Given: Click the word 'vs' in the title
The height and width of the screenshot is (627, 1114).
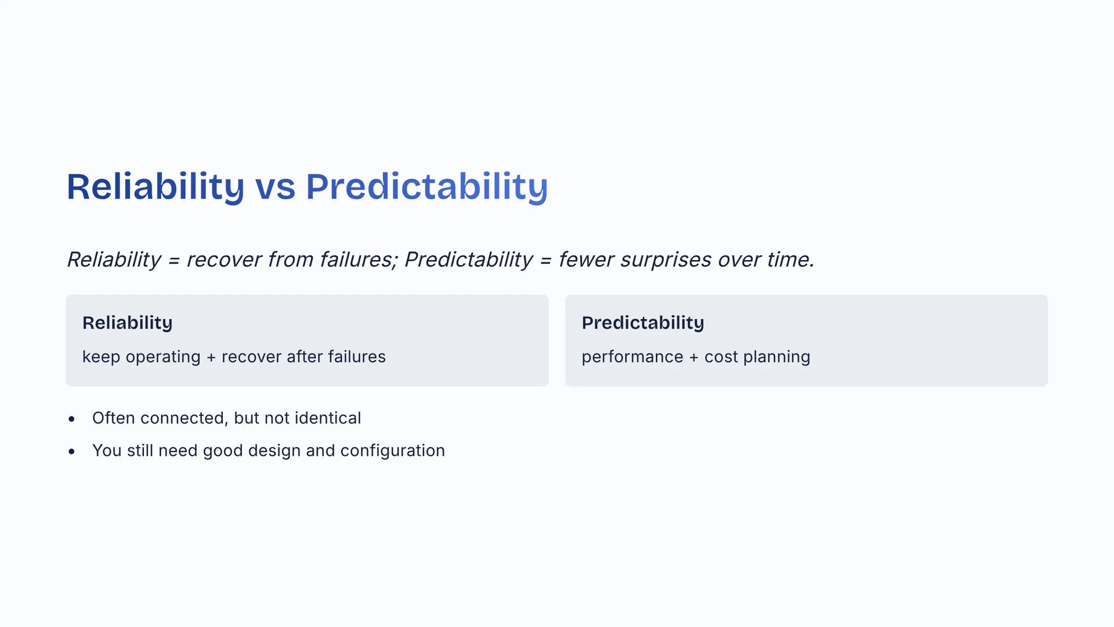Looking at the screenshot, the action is coord(275,188).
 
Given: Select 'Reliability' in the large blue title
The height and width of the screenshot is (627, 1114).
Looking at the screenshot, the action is coord(155,188).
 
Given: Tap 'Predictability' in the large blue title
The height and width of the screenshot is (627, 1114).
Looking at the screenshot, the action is coord(426,188).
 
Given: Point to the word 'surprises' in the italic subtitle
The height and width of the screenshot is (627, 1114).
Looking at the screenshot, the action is coord(665,260).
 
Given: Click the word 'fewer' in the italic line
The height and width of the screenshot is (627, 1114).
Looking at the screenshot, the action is coord(586,260).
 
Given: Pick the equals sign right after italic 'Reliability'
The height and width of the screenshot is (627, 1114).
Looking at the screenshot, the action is coord(173,261).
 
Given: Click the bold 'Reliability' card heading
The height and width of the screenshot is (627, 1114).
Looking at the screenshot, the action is coord(128,323).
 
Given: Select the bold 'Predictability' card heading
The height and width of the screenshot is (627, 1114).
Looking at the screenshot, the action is coord(643,323).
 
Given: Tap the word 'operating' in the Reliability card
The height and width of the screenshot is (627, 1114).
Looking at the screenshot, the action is coord(163,357).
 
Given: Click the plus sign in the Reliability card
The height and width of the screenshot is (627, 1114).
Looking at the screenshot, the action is coord(211,358).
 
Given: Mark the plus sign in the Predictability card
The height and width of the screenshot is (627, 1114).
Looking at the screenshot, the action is coord(694,358).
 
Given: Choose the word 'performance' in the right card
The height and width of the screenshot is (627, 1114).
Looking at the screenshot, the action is coord(632,357).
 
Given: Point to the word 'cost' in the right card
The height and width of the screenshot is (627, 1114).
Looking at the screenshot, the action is coord(721,357).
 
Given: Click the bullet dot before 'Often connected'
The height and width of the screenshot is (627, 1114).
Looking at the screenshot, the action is coord(71,419).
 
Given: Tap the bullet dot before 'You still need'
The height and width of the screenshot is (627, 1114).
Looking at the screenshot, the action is coord(71,451).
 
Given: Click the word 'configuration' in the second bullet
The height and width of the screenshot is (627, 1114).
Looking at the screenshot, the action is coord(393,451).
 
